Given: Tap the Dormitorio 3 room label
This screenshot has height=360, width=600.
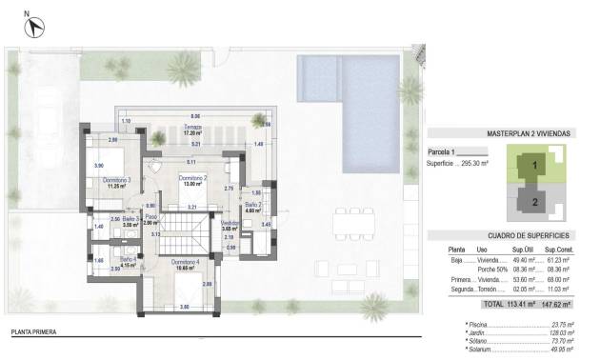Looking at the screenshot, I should [x=116, y=183].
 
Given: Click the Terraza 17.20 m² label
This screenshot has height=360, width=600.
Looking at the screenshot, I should [x=194, y=132].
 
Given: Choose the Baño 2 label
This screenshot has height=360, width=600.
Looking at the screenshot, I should [x=252, y=207].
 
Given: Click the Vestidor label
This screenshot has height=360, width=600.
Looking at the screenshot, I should [x=229, y=226].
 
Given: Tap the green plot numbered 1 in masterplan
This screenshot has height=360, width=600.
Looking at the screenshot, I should [x=535, y=165].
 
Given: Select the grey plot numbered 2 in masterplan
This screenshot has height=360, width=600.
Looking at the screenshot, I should [x=535, y=201].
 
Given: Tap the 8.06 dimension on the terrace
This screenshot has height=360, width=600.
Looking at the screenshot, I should [x=195, y=114].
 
